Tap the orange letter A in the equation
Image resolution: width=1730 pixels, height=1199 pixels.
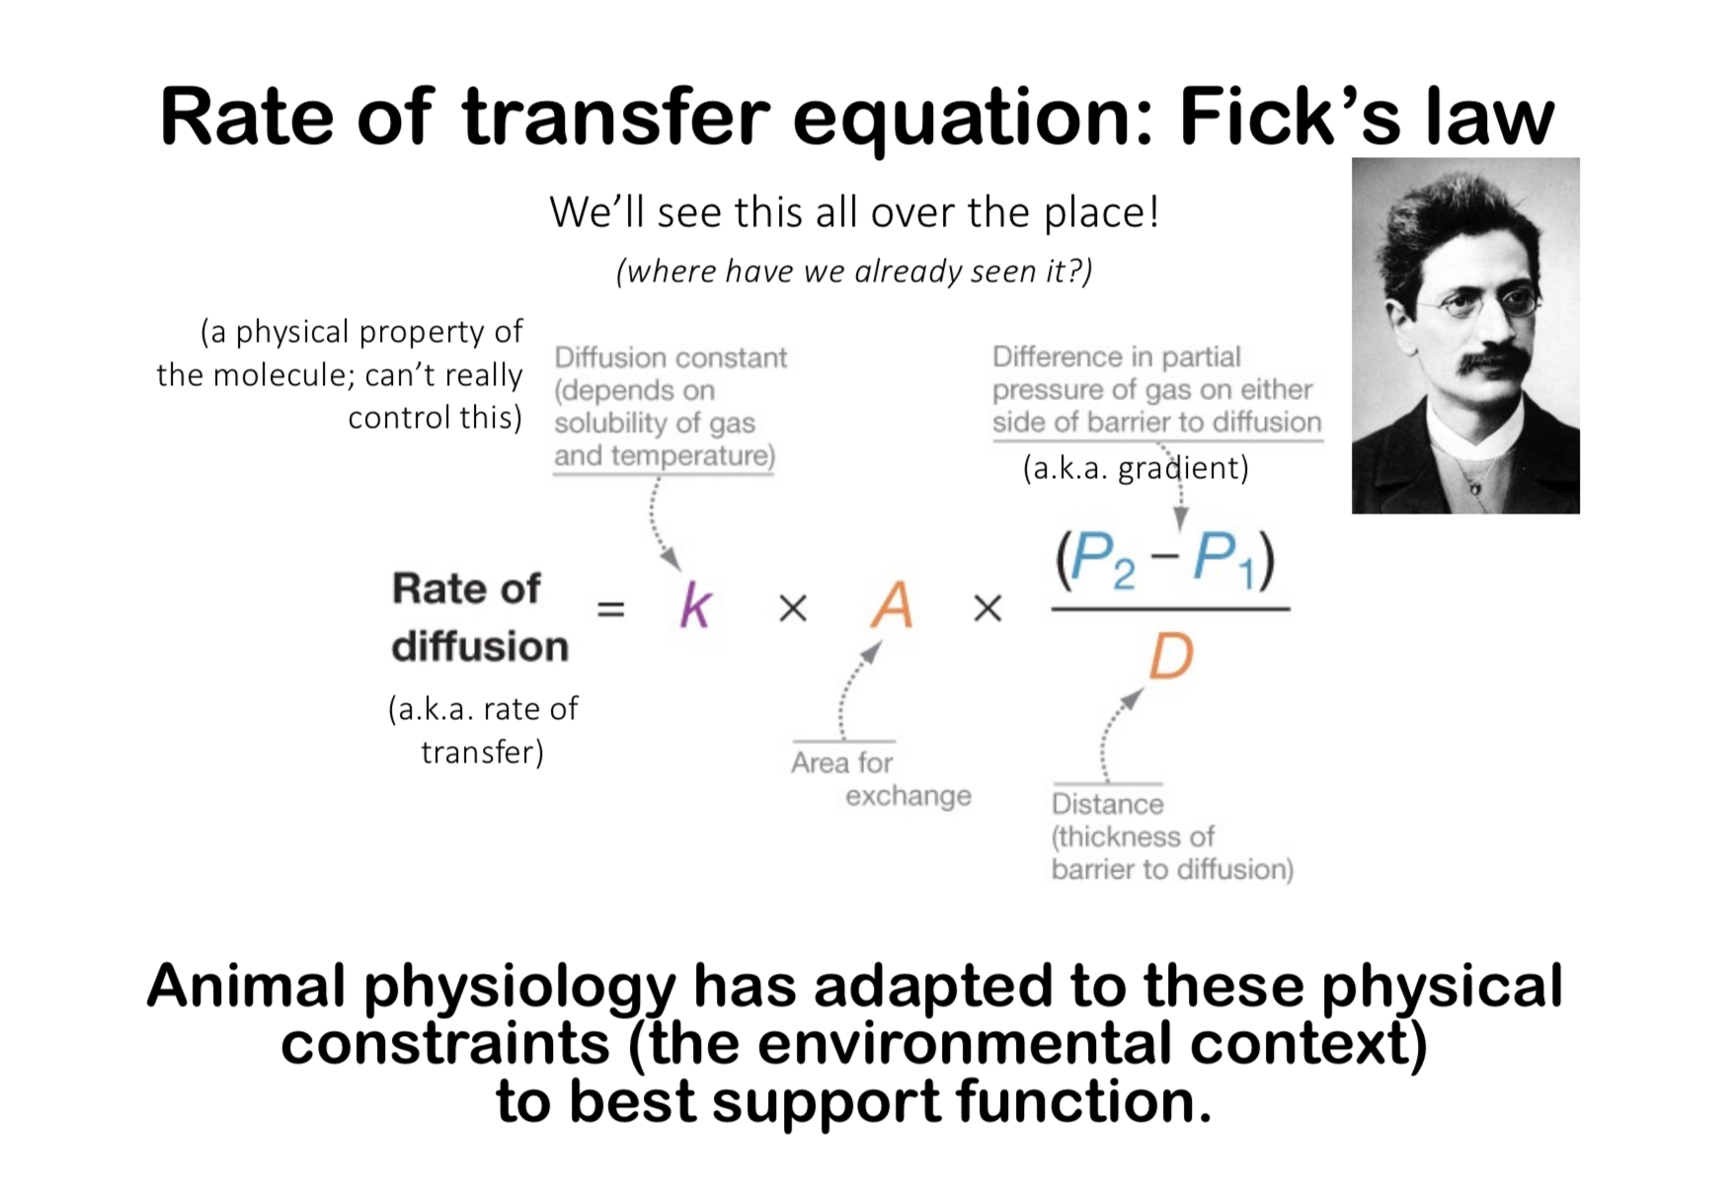(x=892, y=604)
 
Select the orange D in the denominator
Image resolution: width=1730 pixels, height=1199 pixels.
(x=1171, y=656)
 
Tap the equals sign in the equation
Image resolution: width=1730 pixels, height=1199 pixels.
(x=611, y=609)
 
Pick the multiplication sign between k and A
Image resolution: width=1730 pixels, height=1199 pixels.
(x=793, y=608)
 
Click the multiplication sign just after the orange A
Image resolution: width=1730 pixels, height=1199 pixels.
(x=987, y=608)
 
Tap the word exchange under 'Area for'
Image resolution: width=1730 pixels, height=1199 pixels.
(x=908, y=796)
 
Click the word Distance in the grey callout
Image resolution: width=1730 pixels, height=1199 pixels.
(x=1108, y=804)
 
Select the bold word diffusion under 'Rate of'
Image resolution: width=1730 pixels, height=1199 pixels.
(x=480, y=647)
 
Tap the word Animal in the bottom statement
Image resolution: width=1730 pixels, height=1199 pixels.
(x=247, y=987)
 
